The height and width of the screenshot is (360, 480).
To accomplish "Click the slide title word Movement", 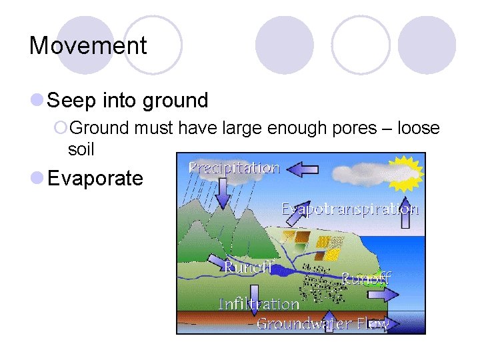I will (x=88, y=46).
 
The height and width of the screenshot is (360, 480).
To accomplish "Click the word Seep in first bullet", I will (x=73, y=101).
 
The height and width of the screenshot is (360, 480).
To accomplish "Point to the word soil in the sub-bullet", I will (x=81, y=149).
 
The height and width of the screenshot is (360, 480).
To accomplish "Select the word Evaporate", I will (x=95, y=178).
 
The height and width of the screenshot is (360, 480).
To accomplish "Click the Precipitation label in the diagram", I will (x=233, y=167).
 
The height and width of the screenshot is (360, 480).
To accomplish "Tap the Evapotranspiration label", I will (x=350, y=209).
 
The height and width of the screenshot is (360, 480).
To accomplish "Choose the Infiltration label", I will (x=259, y=304).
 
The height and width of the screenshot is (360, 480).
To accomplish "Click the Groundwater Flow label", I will (x=323, y=324).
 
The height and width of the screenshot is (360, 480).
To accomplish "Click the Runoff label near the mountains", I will (x=247, y=267).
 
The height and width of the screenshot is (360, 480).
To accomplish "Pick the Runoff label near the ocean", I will (x=365, y=278).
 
